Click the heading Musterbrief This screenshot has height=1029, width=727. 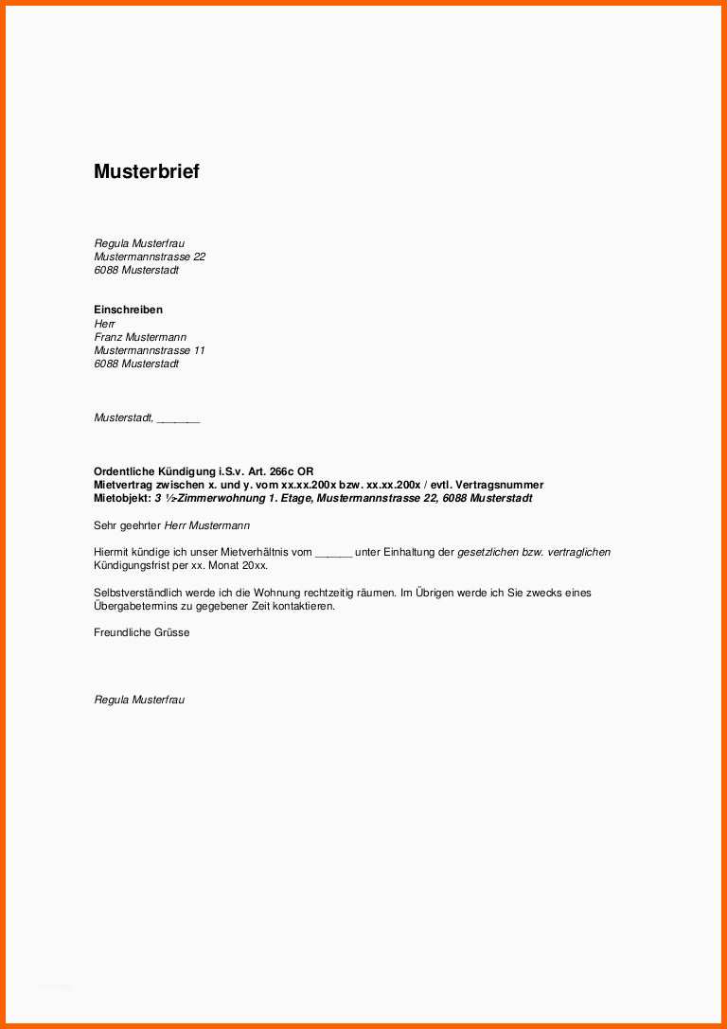click(x=146, y=171)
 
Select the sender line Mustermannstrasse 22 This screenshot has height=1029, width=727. click(x=150, y=257)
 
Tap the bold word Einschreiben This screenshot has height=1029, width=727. click(x=128, y=310)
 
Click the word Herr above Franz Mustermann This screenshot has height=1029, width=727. click(x=104, y=324)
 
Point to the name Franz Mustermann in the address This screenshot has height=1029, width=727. click(x=140, y=337)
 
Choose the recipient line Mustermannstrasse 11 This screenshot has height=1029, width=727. click(x=150, y=350)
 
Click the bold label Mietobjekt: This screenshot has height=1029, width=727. click(x=122, y=498)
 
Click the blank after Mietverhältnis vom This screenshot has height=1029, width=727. click(x=333, y=553)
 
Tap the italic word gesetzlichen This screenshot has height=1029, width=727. click(x=488, y=552)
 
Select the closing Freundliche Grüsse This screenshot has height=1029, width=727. click(x=142, y=632)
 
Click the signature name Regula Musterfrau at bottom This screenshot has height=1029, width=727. click(x=139, y=700)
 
